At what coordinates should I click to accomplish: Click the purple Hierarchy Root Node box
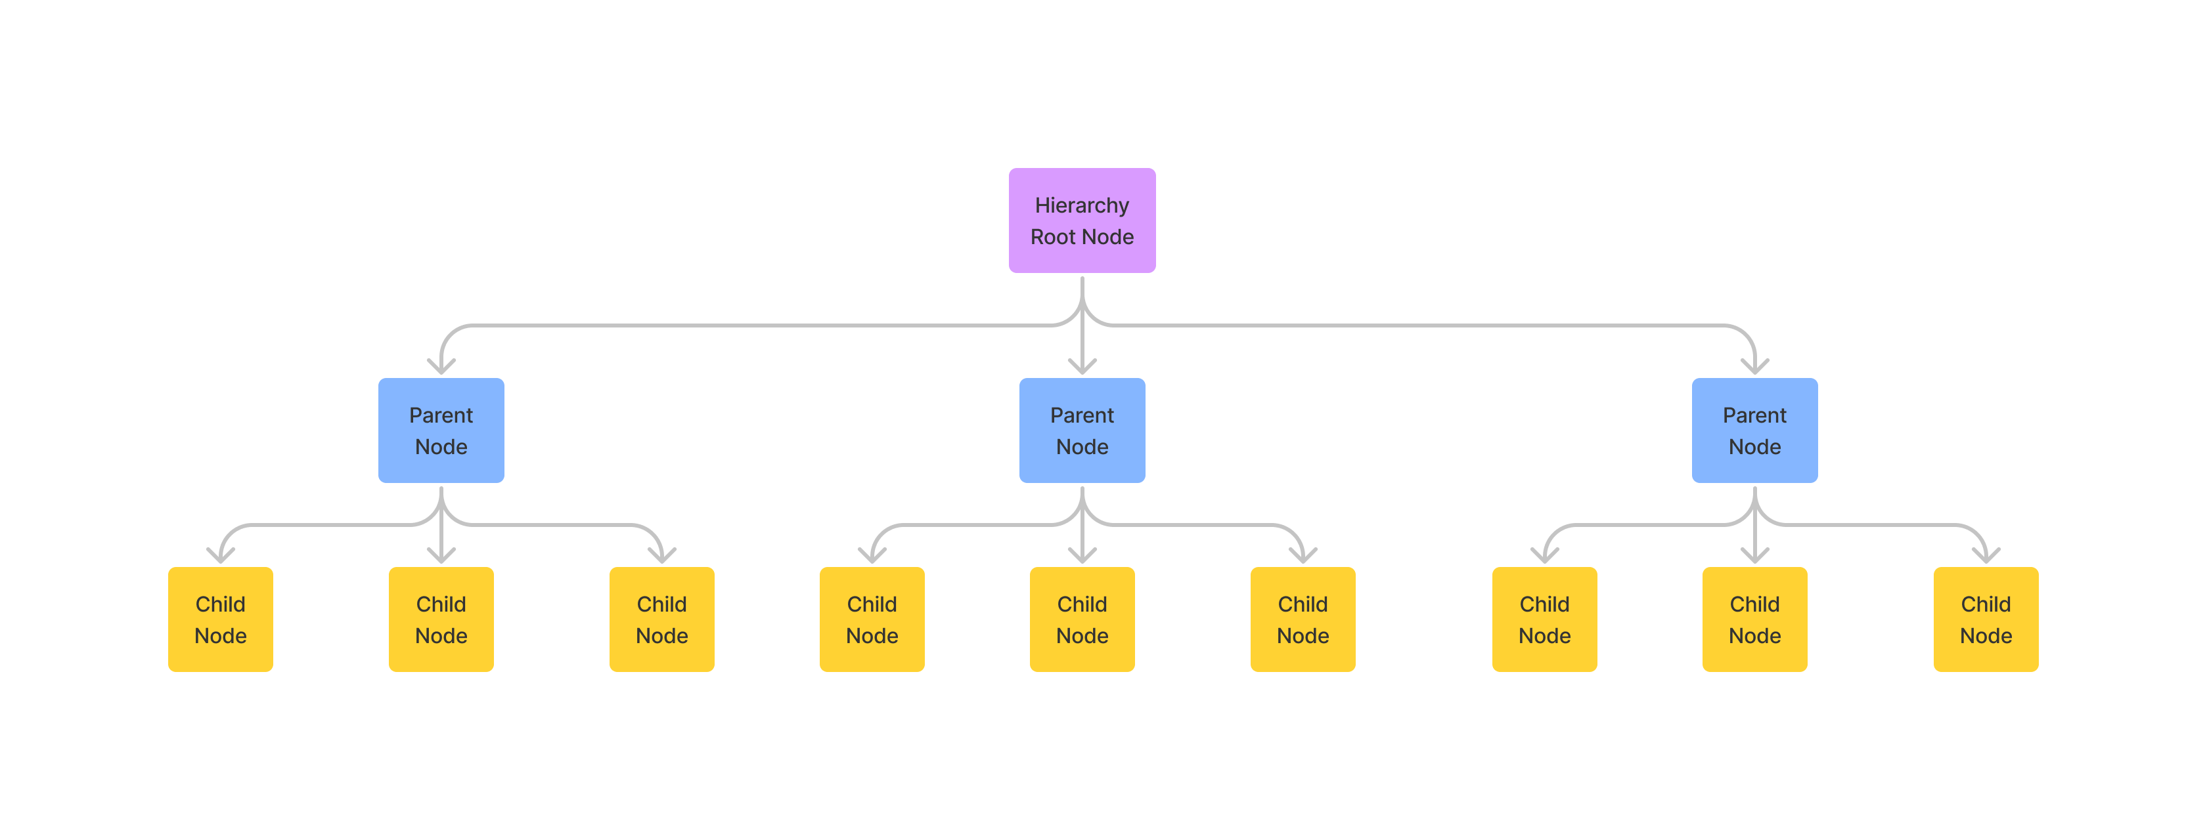point(1082,221)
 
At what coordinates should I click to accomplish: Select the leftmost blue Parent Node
point(441,430)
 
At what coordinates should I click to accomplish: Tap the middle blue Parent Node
point(1082,430)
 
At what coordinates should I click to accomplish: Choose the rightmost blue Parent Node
point(1754,430)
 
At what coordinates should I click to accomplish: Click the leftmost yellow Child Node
point(220,619)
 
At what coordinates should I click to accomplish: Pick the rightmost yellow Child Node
point(1986,619)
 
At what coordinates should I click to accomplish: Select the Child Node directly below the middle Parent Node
point(1082,619)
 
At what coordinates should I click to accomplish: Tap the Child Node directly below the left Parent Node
point(441,619)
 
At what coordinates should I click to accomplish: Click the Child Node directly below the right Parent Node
point(1754,619)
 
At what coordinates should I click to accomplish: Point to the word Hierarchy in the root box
point(1082,205)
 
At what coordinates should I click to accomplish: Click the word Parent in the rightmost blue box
point(1754,415)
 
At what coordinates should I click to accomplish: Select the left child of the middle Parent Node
point(872,619)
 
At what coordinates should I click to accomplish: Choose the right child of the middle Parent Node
point(1303,619)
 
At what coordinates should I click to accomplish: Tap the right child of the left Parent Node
point(662,619)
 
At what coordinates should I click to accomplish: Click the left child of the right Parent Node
point(1545,619)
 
